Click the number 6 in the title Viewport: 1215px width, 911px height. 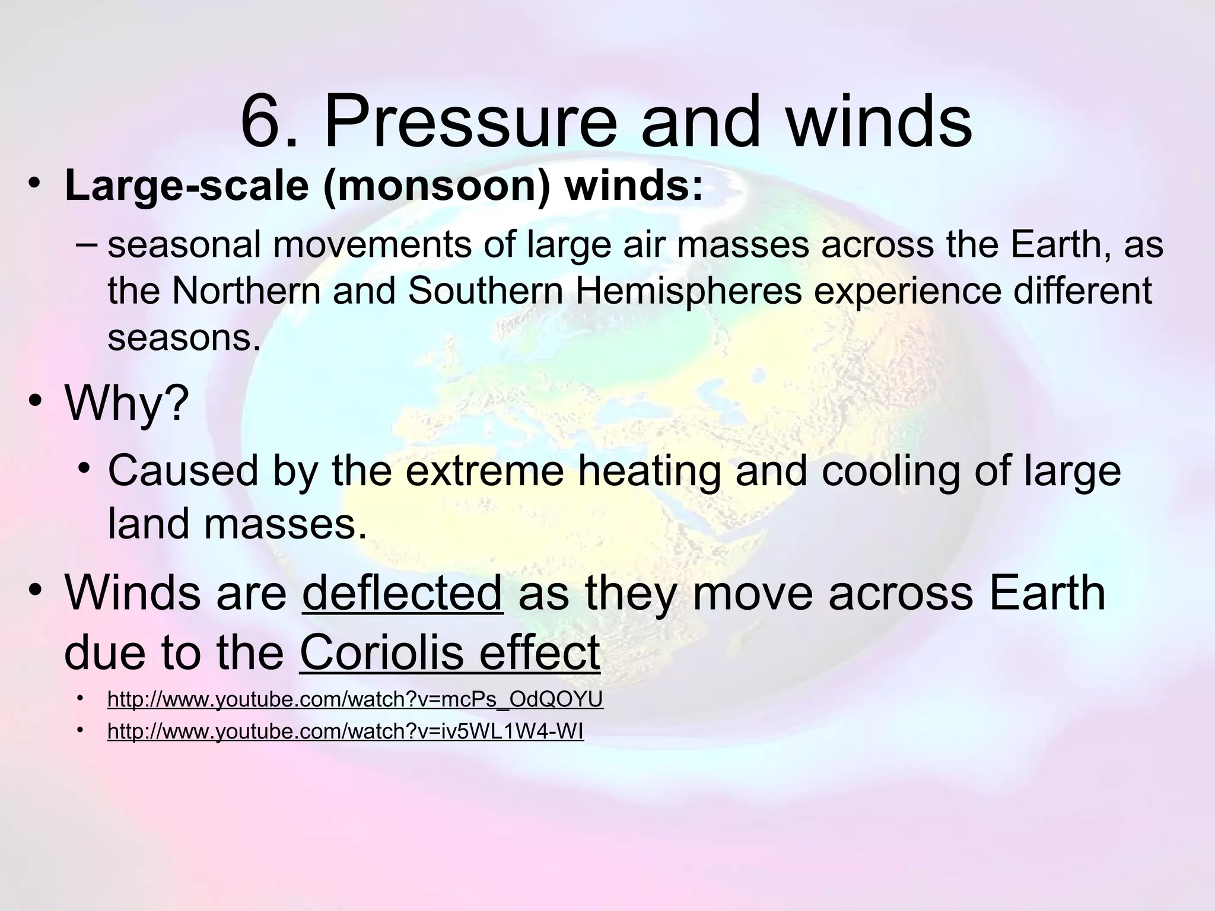[261, 123]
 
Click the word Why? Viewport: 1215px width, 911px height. [126, 403]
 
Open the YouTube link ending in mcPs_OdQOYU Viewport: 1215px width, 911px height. [355, 700]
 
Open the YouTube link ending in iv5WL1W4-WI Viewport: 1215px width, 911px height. [345, 732]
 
